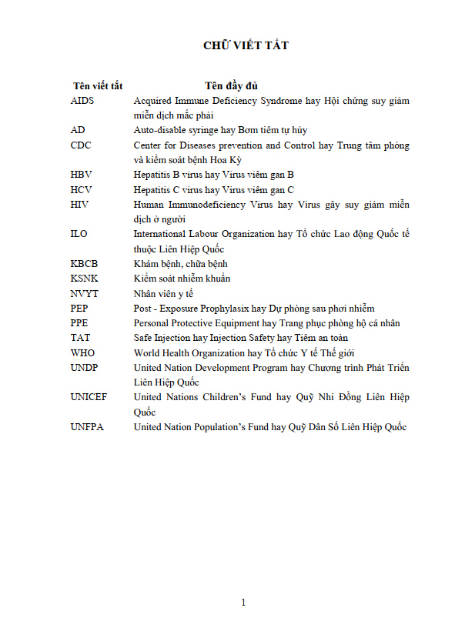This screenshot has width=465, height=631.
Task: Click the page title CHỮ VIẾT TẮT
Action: tap(246, 45)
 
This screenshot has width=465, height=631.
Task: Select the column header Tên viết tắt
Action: tap(98, 85)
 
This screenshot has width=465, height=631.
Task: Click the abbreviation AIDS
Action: tap(82, 101)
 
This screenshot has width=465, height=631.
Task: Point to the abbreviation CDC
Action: tap(81, 145)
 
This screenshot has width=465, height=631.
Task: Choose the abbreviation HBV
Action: tap(81, 175)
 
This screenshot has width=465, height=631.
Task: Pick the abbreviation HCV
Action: tap(81, 189)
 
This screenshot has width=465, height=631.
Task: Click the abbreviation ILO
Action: tap(79, 234)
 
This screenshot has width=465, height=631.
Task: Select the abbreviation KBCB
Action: tap(84, 263)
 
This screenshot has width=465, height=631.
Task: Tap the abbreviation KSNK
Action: tap(84, 278)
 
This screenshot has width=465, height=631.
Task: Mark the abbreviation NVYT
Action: tap(84, 293)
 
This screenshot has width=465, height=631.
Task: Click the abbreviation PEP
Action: tap(79, 308)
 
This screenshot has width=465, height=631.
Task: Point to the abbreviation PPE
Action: tap(79, 323)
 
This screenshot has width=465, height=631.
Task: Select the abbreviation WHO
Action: tap(82, 352)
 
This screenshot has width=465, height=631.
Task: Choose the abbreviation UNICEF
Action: tap(89, 397)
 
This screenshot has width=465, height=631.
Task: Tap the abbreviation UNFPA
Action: tap(87, 427)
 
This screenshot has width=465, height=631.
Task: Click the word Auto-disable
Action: tap(158, 130)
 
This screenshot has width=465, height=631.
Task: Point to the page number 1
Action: tap(243, 603)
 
